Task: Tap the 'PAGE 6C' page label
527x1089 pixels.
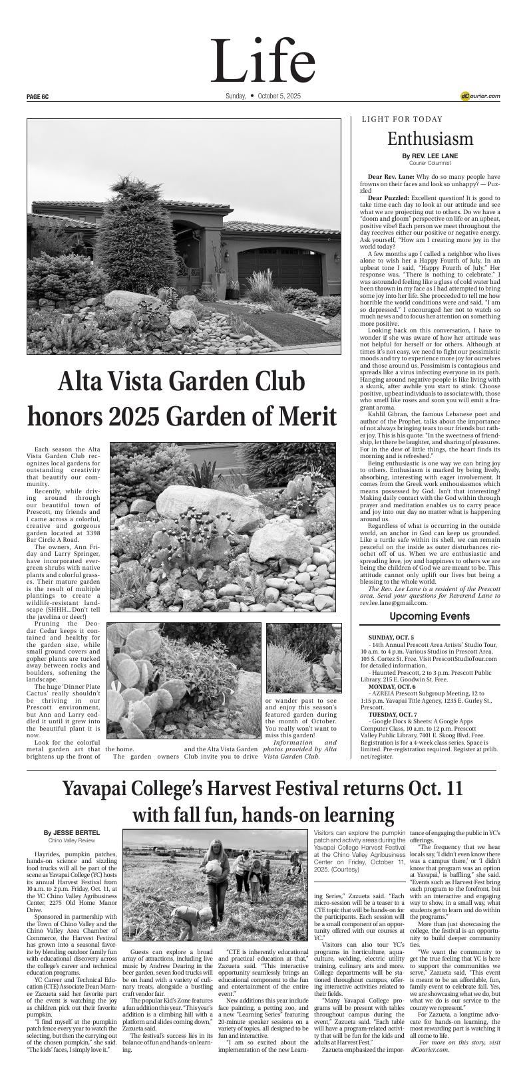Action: click(38, 96)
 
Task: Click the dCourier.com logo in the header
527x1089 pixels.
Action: click(480, 96)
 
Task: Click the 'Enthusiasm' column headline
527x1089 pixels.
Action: click(430, 139)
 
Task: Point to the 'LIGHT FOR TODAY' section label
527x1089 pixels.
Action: click(402, 120)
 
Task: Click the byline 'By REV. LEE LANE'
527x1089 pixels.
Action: click(430, 156)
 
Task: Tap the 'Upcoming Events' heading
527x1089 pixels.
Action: click(430, 616)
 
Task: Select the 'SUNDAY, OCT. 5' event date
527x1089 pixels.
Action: click(390, 638)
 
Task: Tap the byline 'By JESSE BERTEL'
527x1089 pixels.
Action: click(72, 832)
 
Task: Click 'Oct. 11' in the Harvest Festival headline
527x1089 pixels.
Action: click(431, 789)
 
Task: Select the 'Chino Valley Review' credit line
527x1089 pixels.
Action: click(72, 840)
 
